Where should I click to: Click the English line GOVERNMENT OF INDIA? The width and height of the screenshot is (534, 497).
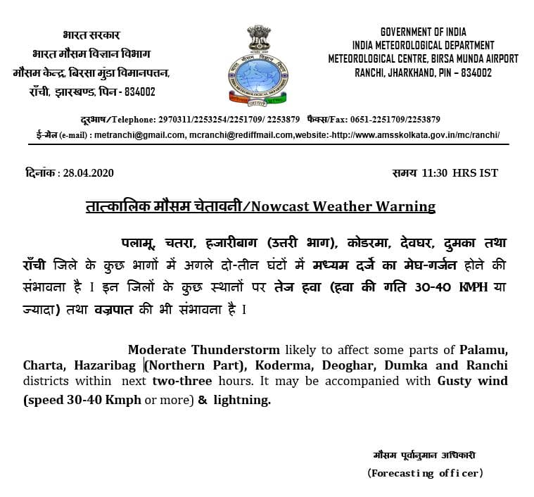[423, 32]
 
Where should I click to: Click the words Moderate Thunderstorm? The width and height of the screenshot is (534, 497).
[203, 350]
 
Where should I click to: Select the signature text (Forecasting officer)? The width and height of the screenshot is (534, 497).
[425, 473]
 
